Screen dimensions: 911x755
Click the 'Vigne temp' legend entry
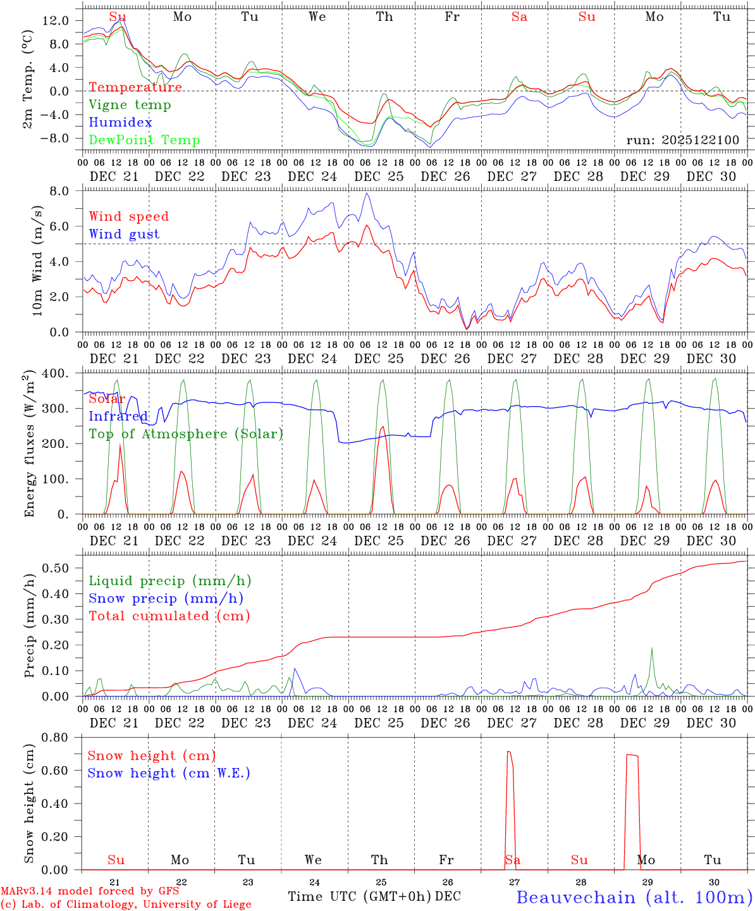(130, 105)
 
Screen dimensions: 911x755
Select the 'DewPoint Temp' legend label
(144, 140)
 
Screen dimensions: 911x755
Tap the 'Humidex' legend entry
(120, 123)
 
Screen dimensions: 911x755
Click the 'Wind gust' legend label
(124, 234)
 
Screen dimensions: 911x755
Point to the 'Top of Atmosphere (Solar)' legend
(186, 434)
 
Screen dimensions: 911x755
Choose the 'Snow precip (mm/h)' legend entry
(166, 598)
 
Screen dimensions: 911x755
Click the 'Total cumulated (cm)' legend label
(169, 616)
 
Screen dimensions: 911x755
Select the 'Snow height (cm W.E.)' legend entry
(169, 773)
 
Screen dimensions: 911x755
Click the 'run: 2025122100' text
(683, 140)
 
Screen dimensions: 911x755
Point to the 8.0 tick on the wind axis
(61, 191)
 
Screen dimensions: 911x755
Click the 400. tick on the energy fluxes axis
(56, 373)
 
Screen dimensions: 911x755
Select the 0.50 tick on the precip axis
(56, 568)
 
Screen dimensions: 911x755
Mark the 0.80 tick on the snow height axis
(56, 737)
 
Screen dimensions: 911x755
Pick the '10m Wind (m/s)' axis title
(37, 261)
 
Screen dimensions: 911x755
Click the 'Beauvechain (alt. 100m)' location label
(634, 897)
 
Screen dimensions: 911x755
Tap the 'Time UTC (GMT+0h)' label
(359, 896)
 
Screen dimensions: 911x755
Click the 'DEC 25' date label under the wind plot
(379, 359)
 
